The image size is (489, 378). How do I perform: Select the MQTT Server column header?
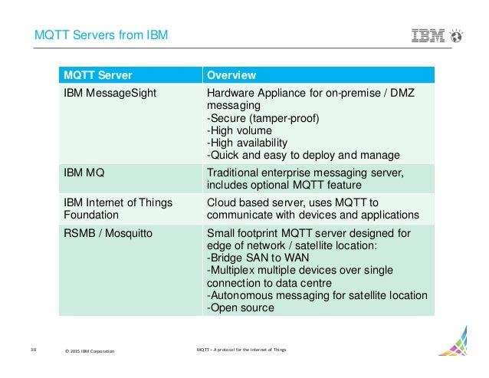[97, 75]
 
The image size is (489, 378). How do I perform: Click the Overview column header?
[231, 75]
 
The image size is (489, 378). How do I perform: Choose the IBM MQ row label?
[84, 173]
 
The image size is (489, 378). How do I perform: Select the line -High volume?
[239, 130]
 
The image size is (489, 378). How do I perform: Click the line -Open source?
[239, 307]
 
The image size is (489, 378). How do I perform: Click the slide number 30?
[34, 350]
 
